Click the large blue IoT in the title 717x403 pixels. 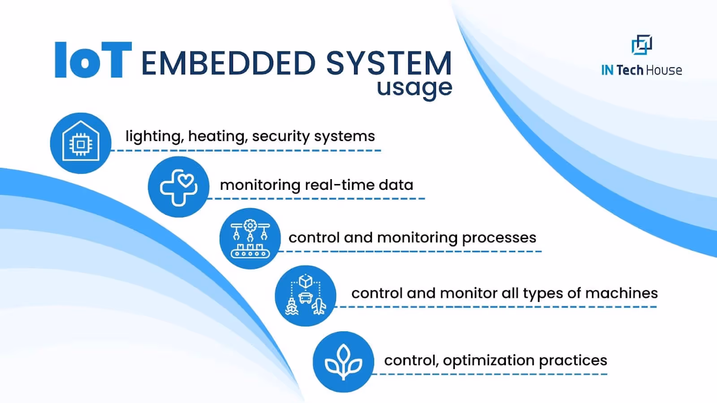pos(93,60)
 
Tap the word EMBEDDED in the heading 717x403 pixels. pos(229,63)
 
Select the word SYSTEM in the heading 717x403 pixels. pos(389,63)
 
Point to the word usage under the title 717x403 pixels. pos(414,87)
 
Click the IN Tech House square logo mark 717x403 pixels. pos(641,45)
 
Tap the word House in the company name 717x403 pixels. pos(664,70)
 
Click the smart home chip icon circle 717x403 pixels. pos(81,143)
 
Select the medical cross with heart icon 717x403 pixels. pos(178,187)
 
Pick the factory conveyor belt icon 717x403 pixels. pos(250,239)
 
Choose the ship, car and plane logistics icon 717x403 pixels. pos(306,296)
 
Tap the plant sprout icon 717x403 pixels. pos(343,362)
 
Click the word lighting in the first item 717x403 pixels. pos(153,136)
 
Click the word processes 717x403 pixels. pos(499,238)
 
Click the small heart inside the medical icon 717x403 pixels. pos(186,181)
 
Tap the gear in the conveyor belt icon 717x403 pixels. pos(250,225)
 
